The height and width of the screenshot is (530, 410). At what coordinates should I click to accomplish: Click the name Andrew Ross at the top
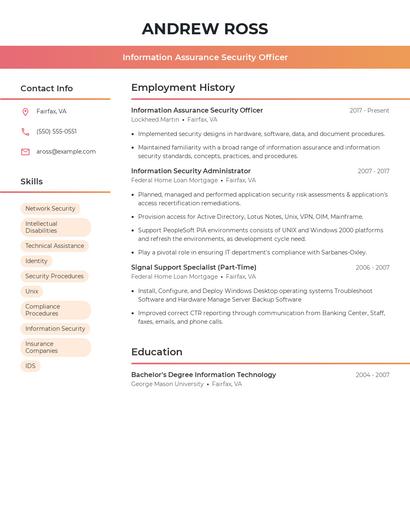(x=205, y=29)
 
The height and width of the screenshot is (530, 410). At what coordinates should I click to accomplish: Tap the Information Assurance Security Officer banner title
(x=205, y=57)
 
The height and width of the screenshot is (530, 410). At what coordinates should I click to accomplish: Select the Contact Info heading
(x=46, y=88)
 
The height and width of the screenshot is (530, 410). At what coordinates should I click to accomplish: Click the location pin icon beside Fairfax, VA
(x=25, y=112)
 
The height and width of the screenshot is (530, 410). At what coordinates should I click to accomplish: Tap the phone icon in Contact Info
(x=25, y=131)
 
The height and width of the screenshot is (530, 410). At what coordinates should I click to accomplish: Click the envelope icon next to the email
(x=25, y=152)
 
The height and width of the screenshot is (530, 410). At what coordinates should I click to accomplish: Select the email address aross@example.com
(x=66, y=152)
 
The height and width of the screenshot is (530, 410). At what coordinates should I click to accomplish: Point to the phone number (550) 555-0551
(x=56, y=131)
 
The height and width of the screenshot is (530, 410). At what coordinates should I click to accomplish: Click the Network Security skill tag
(x=50, y=209)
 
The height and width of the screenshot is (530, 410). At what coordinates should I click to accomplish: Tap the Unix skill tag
(x=32, y=291)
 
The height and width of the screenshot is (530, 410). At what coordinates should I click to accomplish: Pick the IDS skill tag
(x=30, y=366)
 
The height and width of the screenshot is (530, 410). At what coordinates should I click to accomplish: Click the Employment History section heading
(x=183, y=88)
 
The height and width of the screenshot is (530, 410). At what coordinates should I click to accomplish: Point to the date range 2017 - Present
(x=369, y=111)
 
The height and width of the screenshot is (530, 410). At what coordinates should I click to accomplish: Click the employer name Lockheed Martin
(x=155, y=119)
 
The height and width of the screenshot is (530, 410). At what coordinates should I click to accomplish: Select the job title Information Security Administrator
(x=191, y=171)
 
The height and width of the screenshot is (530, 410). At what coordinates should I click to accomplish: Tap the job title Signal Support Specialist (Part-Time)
(x=193, y=268)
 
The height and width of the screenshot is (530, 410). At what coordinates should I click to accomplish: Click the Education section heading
(x=157, y=352)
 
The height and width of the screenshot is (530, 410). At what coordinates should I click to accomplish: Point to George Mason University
(x=167, y=384)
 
